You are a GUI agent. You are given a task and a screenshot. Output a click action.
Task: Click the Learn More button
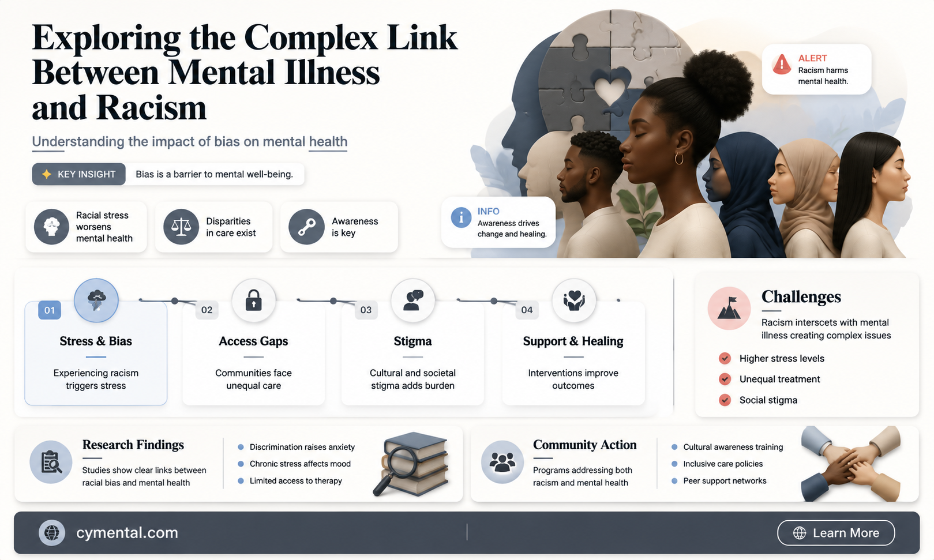click(835, 532)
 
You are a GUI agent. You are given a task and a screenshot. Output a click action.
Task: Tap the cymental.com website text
click(127, 532)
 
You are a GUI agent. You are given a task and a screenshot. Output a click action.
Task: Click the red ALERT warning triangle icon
click(781, 65)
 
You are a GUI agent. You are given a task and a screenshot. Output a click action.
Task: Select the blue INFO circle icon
click(461, 217)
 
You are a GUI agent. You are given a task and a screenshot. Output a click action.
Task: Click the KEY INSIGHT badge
click(79, 174)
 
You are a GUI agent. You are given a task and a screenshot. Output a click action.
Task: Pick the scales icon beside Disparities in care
click(181, 227)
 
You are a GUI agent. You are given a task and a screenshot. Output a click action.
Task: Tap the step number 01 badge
click(50, 310)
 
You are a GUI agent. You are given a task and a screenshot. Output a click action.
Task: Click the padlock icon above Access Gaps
click(253, 300)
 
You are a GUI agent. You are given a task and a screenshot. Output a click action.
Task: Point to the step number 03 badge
click(366, 310)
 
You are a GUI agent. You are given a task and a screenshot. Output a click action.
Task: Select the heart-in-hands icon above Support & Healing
click(574, 300)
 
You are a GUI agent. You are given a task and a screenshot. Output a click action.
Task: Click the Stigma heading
click(413, 341)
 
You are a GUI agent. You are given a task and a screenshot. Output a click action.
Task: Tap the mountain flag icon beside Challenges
click(729, 308)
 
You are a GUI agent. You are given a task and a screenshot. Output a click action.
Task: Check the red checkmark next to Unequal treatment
click(725, 378)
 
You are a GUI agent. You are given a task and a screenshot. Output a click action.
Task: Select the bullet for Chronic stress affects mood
click(241, 464)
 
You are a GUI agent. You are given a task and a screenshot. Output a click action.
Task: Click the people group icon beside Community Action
click(502, 461)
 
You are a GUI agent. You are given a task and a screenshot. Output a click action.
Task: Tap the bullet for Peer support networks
click(674, 481)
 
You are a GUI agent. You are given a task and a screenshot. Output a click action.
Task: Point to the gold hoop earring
click(679, 158)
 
